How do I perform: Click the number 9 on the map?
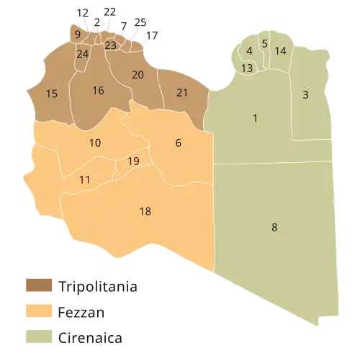pos(77,33)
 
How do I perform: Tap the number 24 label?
pos(82,54)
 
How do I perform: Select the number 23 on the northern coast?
pos(110,45)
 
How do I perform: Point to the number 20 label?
pos(138,74)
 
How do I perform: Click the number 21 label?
pos(182,92)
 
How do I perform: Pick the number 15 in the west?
pos(51,94)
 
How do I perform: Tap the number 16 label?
pos(98,90)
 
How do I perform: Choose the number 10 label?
pos(94,143)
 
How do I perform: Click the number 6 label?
pos(178,143)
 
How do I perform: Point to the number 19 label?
pos(133,161)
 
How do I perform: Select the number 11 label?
pos(85,179)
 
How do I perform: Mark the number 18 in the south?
pos(145,211)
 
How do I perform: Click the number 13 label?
pos(247,68)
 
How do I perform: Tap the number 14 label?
pos(281,50)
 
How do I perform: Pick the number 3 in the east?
pos(305,95)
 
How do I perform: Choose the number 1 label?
pos(255,118)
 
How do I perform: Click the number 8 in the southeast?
pos(274,228)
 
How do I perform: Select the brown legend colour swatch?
pos(40,286)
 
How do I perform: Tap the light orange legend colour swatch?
pos(40,312)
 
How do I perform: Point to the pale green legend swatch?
pos(40,338)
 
